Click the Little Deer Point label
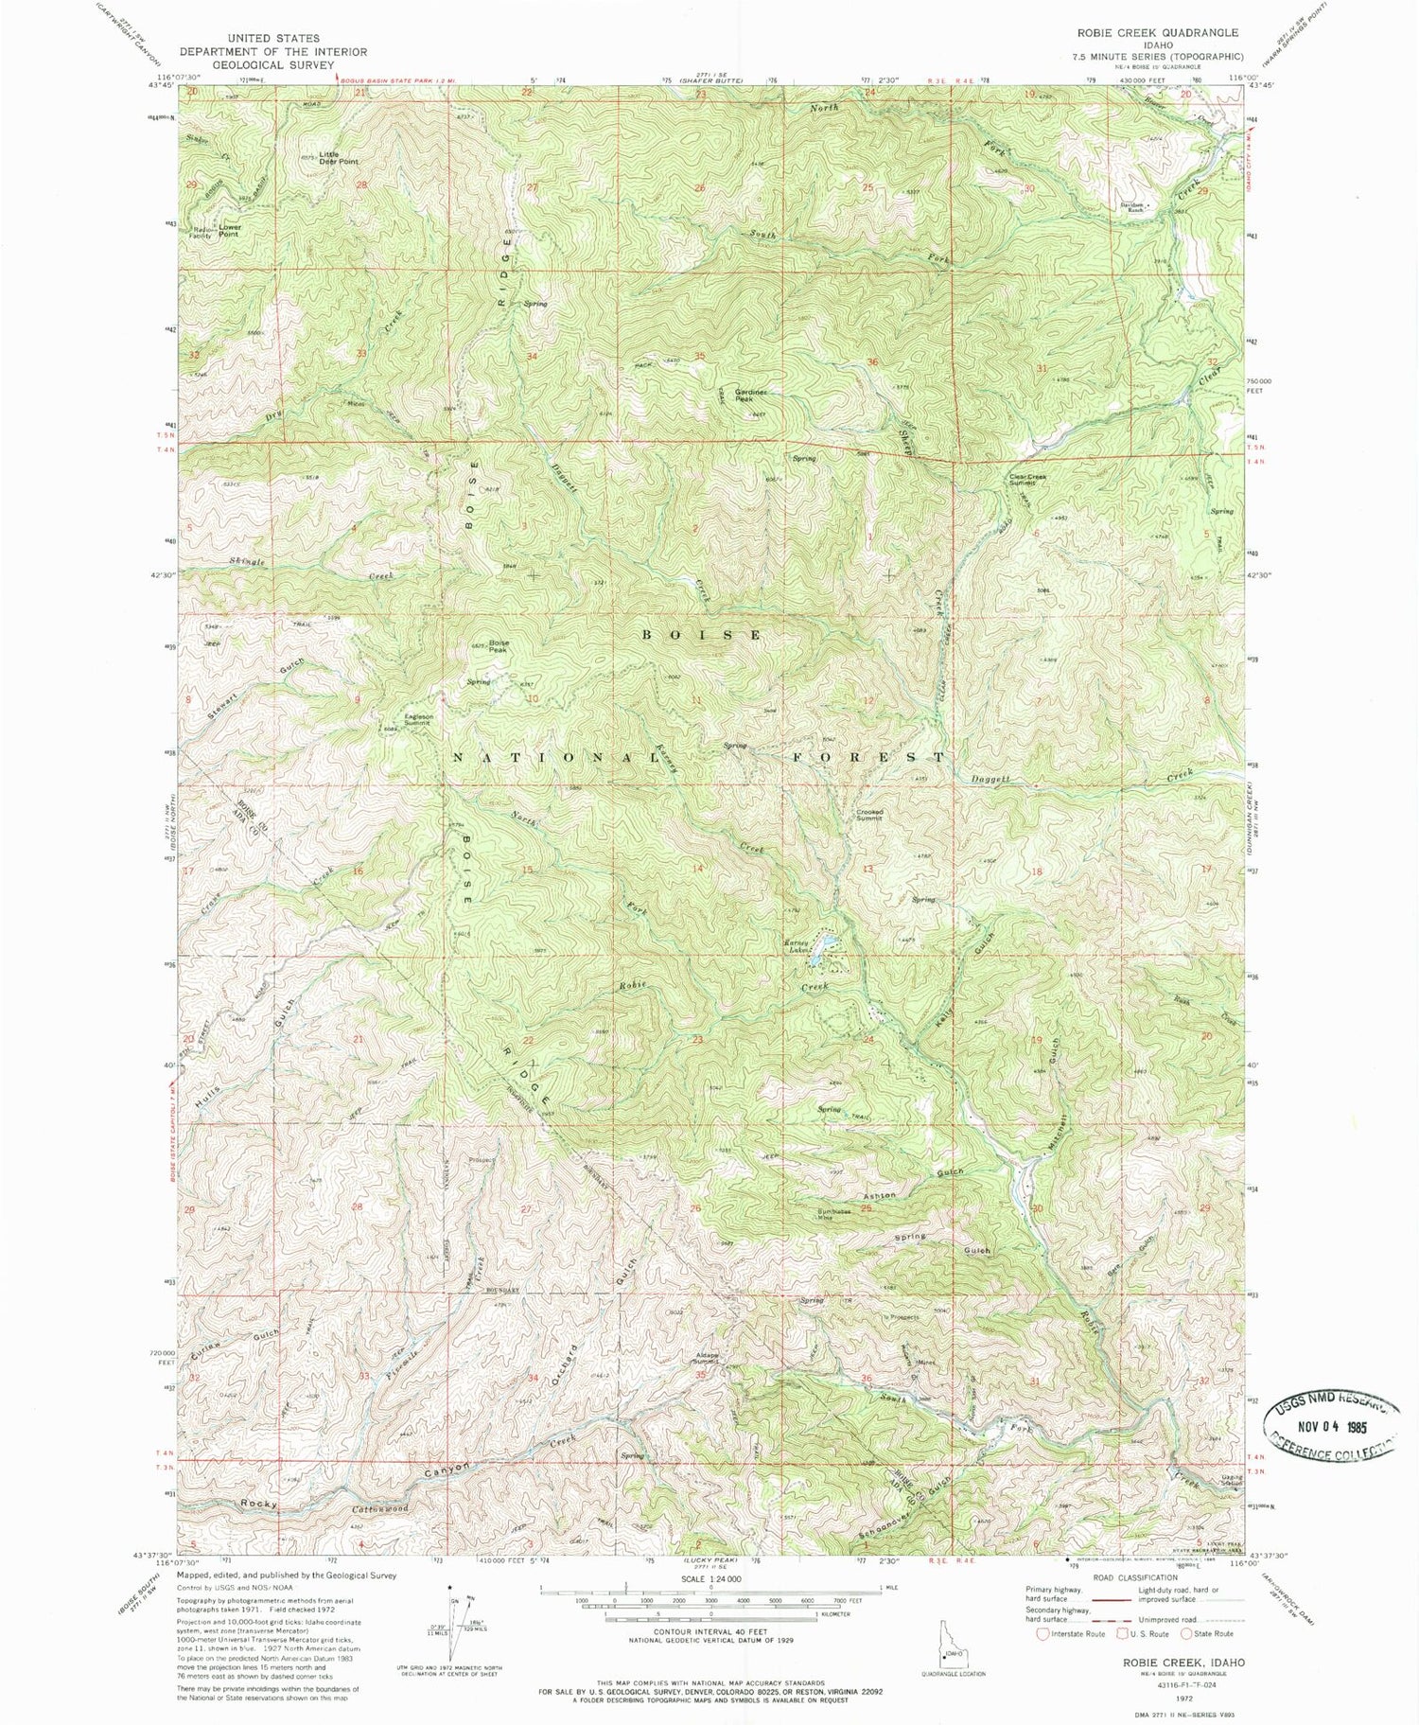tap(339, 157)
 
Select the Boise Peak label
tap(499, 646)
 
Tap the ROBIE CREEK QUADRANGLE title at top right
tap(1156, 33)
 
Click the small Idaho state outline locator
tap(950, 1647)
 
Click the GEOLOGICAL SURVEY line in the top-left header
tap(273, 65)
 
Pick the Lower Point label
tap(229, 231)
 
